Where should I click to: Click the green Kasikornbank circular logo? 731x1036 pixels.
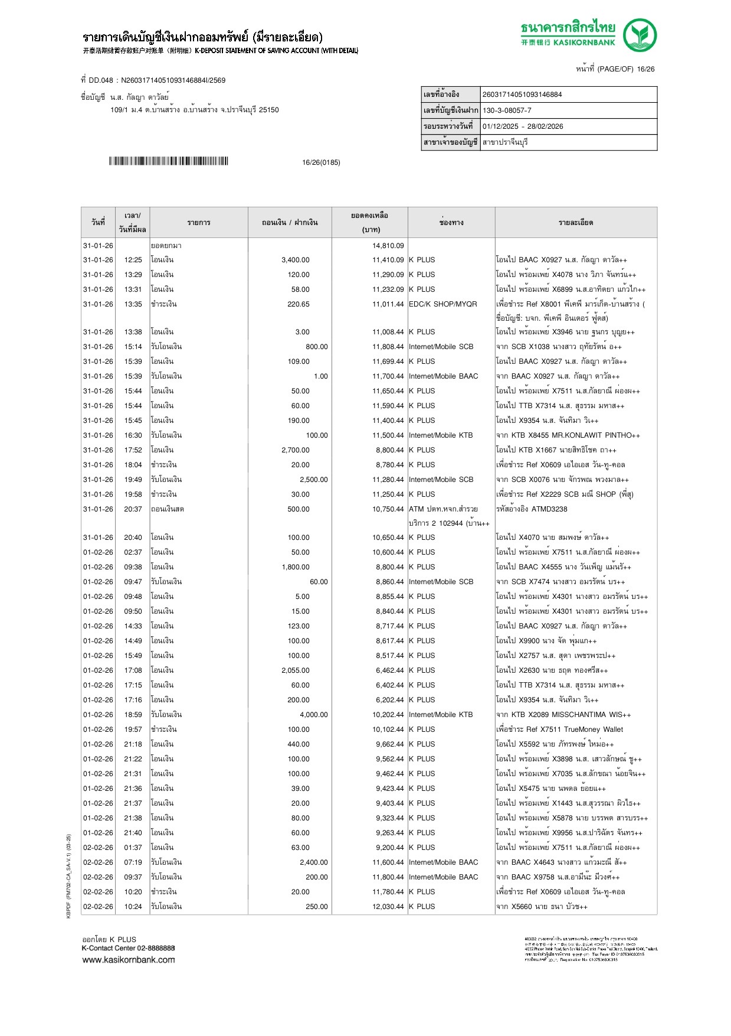click(640, 35)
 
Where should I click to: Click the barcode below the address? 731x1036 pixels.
click(168, 161)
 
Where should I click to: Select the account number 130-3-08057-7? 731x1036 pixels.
click(507, 110)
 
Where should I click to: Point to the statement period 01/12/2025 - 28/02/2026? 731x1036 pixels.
click(523, 126)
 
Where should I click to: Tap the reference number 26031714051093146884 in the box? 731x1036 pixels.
click(522, 95)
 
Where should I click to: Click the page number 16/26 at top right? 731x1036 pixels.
click(645, 69)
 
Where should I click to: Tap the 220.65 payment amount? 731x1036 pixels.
click(298, 304)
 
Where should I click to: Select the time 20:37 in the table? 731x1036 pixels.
click(133, 509)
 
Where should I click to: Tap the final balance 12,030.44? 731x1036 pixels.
click(388, 907)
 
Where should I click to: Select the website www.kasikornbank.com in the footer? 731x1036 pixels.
click(128, 960)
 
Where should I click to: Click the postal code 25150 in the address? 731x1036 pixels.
click(268, 110)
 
